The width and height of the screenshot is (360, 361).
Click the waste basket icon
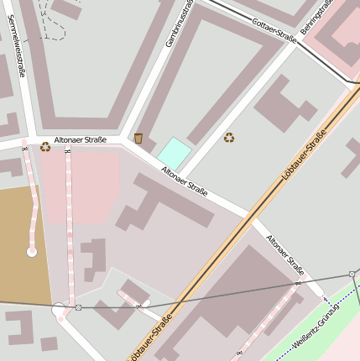click(x=138, y=138)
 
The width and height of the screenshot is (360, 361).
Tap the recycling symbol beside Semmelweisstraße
click(x=45, y=147)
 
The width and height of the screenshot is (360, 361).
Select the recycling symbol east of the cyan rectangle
click(x=228, y=137)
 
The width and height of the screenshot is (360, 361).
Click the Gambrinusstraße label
click(x=180, y=23)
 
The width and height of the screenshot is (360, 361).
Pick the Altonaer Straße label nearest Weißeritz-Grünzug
click(x=285, y=255)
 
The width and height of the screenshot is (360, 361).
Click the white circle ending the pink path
click(x=32, y=251)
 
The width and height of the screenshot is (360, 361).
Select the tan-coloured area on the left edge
click(x=21, y=243)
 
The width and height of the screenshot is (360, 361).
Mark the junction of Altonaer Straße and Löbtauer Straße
click(x=248, y=217)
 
